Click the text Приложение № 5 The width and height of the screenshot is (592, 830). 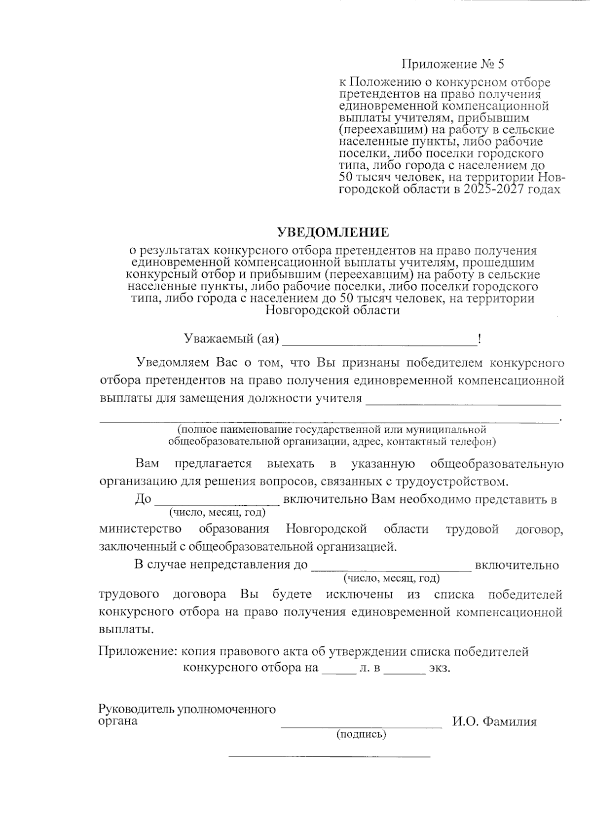click(453, 64)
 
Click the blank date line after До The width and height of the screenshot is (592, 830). click(218, 501)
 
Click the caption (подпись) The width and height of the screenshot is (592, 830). click(361, 734)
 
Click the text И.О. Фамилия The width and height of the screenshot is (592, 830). click(494, 722)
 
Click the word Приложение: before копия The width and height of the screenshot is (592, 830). click(138, 652)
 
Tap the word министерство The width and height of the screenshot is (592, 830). click(140, 529)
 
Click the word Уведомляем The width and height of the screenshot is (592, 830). click(173, 363)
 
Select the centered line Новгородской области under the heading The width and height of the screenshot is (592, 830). click(333, 310)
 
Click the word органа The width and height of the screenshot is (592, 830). click(118, 721)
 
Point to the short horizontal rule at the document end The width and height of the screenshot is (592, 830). click(330, 755)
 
